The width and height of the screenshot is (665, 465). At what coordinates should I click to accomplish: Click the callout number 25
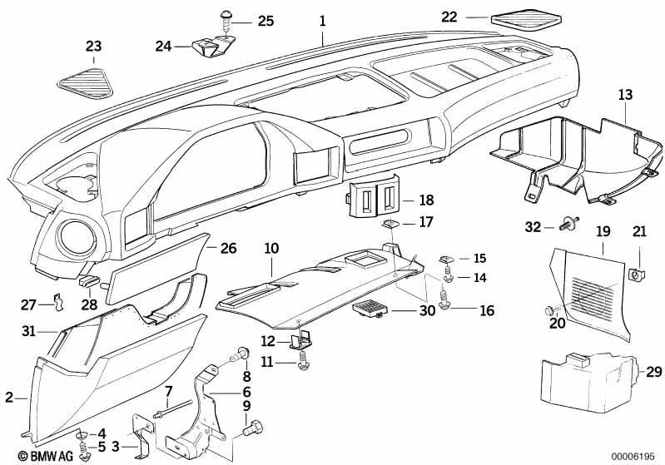(266, 21)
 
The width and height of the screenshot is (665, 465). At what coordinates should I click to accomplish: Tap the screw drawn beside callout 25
(226, 20)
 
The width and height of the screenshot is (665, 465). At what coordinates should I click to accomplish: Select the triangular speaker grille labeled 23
(86, 82)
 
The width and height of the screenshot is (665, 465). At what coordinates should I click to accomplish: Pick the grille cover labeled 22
(526, 21)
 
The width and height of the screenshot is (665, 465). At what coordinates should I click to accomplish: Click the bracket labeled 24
(214, 47)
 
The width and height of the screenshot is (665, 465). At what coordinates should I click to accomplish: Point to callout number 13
(625, 94)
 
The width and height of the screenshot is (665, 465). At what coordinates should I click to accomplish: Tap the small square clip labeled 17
(389, 223)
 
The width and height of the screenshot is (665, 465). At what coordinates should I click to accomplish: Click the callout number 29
(653, 372)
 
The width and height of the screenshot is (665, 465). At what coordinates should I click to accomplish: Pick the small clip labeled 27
(59, 301)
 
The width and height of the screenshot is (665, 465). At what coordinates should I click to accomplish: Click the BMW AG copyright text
(46, 456)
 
